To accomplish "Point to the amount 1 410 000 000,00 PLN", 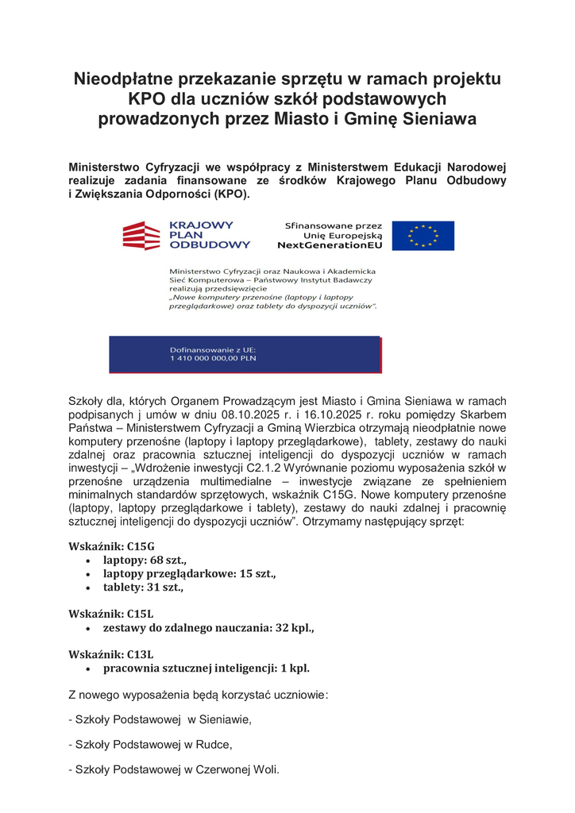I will pos(213,358).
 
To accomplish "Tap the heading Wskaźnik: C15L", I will pos(111,614).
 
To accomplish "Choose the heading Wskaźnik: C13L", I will pos(111,655).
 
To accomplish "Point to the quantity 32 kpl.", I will pos(294,628).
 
